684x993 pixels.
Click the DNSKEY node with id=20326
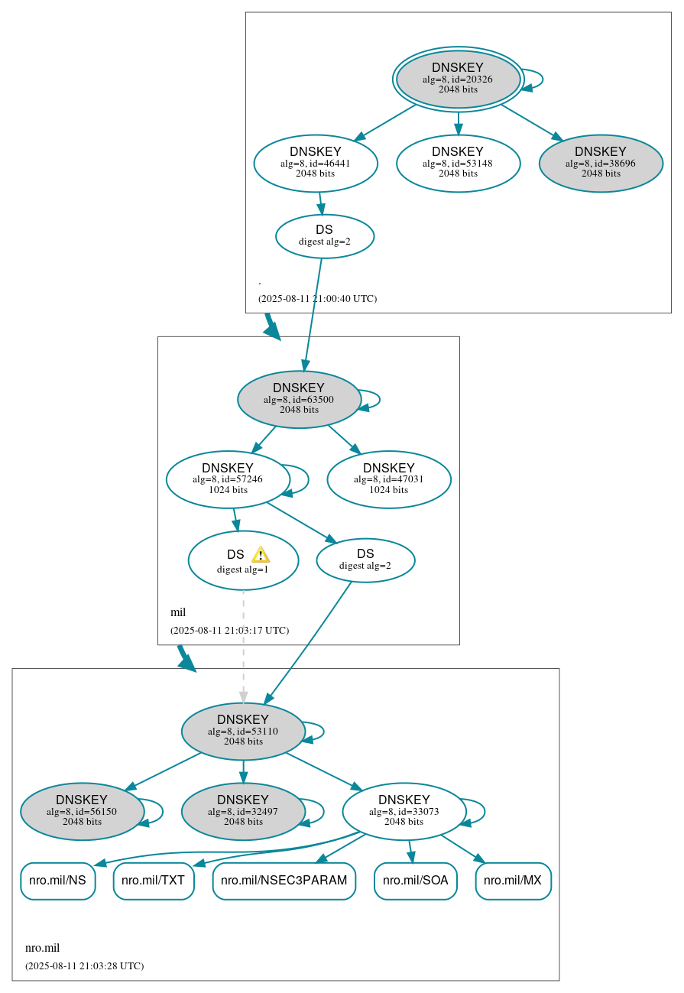coord(458,79)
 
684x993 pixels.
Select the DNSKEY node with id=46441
coord(316,163)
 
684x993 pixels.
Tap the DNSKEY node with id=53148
coord(458,163)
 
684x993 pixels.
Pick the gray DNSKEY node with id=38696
coord(601,163)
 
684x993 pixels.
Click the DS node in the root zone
coord(325,236)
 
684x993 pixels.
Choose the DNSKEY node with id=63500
coord(299,399)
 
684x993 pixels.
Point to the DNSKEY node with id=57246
coord(228,479)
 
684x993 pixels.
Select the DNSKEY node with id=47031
coord(389,479)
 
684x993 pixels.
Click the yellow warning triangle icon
coord(261,555)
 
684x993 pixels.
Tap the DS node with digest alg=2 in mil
coord(365,560)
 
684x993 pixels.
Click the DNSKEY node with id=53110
coord(243,731)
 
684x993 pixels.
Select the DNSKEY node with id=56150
coord(82,811)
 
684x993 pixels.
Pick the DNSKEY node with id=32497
coord(243,811)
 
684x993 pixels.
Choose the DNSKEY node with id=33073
coord(404,811)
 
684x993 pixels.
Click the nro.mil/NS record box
coord(58,881)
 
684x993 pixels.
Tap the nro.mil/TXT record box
coord(154,881)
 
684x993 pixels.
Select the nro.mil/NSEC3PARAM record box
coord(284,881)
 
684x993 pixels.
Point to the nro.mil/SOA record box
coord(415,881)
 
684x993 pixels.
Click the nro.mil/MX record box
coord(513,881)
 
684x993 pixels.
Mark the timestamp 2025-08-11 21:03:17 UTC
coord(229,631)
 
